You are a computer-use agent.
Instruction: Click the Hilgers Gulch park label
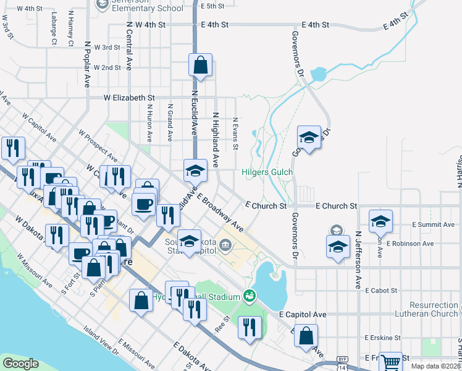266,173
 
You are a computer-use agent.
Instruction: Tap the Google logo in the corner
20,364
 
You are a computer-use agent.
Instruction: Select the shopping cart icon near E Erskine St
390,362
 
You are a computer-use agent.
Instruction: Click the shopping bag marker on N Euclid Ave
200,64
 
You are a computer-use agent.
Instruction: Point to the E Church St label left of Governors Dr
266,205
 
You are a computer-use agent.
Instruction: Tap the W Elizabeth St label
128,98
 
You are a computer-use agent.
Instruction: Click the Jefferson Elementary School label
148,8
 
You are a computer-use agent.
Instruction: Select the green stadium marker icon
249,297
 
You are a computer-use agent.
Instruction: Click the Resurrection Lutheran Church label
435,310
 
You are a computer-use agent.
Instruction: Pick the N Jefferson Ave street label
358,260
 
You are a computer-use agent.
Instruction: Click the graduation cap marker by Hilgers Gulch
308,137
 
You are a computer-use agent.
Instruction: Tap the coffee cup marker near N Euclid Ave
144,205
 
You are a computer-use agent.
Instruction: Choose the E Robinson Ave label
410,244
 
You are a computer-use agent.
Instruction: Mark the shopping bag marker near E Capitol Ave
306,336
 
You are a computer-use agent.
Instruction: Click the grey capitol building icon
225,246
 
